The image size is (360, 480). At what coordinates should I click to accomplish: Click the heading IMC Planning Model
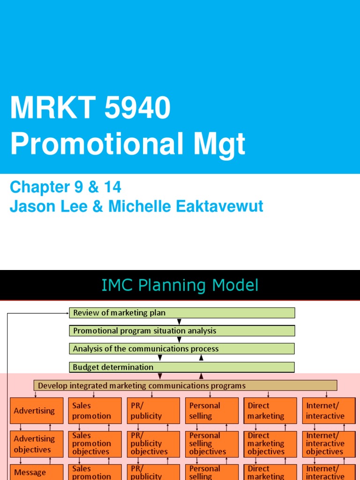coord(180,285)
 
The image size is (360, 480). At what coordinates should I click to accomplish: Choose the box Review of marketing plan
coord(182,313)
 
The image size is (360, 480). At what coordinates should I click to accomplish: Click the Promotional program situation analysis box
coord(182,331)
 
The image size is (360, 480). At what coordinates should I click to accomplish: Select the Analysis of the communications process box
coord(182,349)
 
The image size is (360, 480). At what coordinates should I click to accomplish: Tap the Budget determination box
coord(182,367)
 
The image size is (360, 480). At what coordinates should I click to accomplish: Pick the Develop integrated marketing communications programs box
coord(185,386)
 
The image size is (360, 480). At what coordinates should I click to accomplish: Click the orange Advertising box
coord(37,411)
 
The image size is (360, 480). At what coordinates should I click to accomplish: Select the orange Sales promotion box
coord(95,411)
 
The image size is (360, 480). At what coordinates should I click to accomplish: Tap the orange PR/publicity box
coord(153,411)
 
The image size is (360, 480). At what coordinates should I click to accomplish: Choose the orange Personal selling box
coord(211,411)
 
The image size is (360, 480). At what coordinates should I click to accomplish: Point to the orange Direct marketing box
coord(270,411)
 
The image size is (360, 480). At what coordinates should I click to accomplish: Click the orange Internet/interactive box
coord(328,411)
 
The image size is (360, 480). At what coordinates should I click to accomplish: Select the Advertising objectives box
coord(37,444)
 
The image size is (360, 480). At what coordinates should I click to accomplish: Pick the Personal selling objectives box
coord(211,444)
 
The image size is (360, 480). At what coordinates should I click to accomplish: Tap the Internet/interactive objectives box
coord(328,444)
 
